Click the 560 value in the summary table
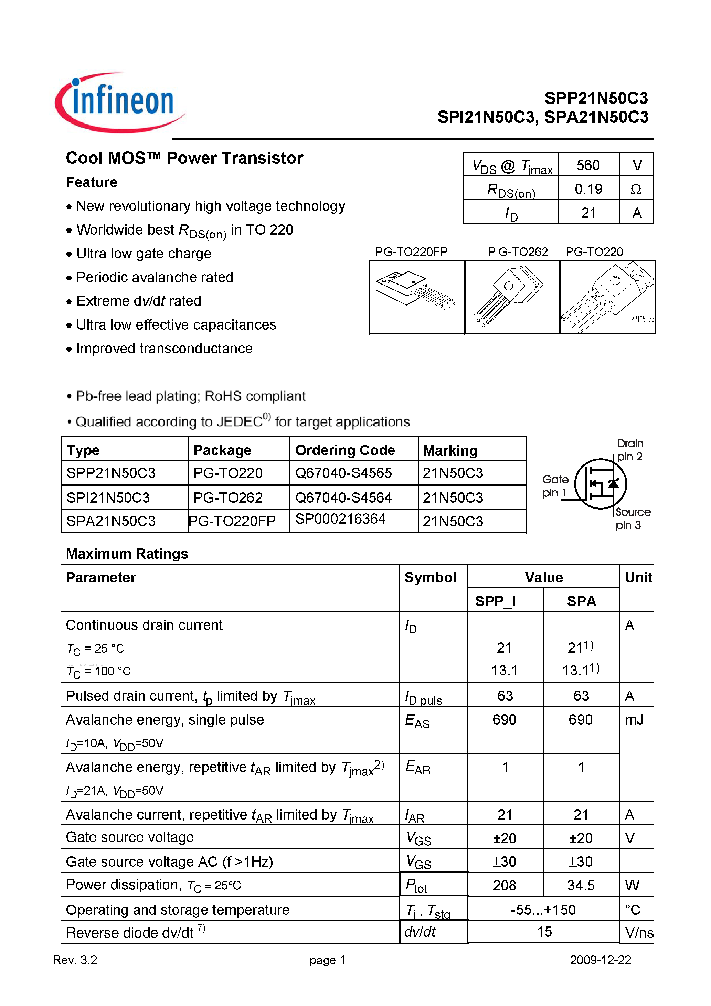pyautogui.click(x=588, y=165)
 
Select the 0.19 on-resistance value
pyautogui.click(x=588, y=189)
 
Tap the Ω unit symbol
pyautogui.click(x=636, y=189)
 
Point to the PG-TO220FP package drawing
pyautogui.click(x=416, y=297)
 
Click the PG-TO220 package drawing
pyautogui.click(x=607, y=297)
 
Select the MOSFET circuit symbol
pyautogui.click(x=601, y=484)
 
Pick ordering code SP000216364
pyautogui.click(x=340, y=519)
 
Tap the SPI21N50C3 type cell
pyautogui.click(x=108, y=497)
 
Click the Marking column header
pyautogui.click(x=450, y=450)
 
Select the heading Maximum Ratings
pyautogui.click(x=127, y=554)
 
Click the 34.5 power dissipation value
pyautogui.click(x=581, y=886)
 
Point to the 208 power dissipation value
pyautogui.click(x=505, y=886)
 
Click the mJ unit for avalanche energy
pyautogui.click(x=634, y=720)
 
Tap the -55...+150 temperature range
pyautogui.click(x=543, y=910)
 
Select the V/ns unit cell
pyautogui.click(x=639, y=932)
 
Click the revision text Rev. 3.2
pyautogui.click(x=75, y=960)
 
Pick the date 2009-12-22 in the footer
pyautogui.click(x=600, y=960)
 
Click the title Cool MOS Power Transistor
pyautogui.click(x=184, y=158)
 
